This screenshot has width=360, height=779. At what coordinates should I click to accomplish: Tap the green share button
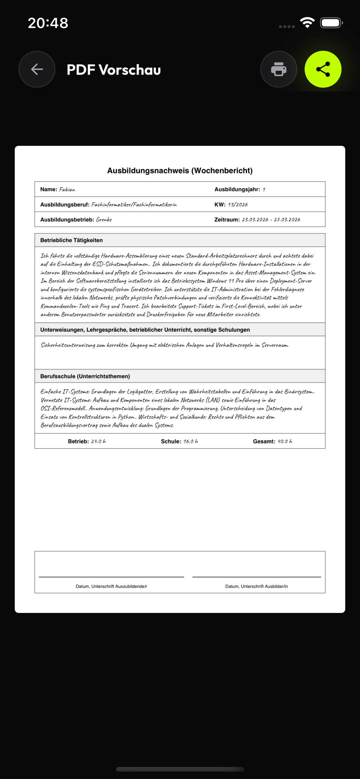pyautogui.click(x=323, y=69)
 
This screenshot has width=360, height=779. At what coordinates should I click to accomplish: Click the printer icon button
pyautogui.click(x=278, y=69)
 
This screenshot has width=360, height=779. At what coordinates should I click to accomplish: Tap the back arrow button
pyautogui.click(x=37, y=69)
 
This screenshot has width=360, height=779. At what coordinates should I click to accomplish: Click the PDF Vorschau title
pyautogui.click(x=114, y=70)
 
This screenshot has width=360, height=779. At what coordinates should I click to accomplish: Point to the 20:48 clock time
pyautogui.click(x=48, y=23)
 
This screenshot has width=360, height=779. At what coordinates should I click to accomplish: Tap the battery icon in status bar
pyautogui.click(x=331, y=23)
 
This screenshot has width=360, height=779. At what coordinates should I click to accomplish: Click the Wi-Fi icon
pyautogui.click(x=307, y=22)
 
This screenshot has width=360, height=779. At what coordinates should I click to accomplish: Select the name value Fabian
pyautogui.click(x=67, y=190)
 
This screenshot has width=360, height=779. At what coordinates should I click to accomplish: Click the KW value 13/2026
pyautogui.click(x=238, y=205)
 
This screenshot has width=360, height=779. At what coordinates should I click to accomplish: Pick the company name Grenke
pyautogui.click(x=104, y=220)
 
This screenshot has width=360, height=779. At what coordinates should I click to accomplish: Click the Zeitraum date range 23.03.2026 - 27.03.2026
pyautogui.click(x=271, y=220)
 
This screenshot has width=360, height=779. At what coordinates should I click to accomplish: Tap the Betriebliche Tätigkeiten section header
pyautogui.click(x=71, y=240)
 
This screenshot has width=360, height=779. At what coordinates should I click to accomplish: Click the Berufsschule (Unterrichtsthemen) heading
pyautogui.click(x=85, y=376)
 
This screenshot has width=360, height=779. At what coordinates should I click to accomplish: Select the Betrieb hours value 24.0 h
pyautogui.click(x=98, y=441)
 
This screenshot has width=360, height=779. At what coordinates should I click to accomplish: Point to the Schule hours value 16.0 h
pyautogui.click(x=191, y=441)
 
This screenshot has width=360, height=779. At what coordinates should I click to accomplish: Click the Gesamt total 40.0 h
pyautogui.click(x=285, y=441)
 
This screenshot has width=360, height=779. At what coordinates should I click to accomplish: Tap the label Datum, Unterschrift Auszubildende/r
pyautogui.click(x=111, y=586)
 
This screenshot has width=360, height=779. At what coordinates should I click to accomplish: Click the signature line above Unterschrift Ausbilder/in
pyautogui.click(x=257, y=577)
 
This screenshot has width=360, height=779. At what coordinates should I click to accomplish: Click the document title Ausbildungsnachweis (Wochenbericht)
pyautogui.click(x=180, y=171)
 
